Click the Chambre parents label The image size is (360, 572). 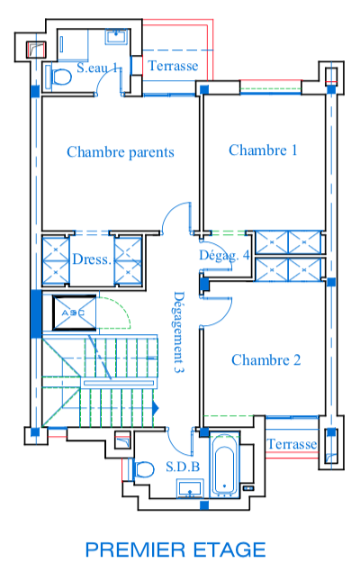click(x=121, y=152)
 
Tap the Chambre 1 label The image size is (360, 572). click(x=263, y=150)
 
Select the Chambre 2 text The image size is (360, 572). click(x=266, y=360)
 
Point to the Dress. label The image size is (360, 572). click(x=92, y=259)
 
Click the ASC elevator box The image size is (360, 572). click(x=75, y=313)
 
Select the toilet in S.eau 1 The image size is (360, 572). click(x=58, y=77)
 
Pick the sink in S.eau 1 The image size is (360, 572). click(x=117, y=37)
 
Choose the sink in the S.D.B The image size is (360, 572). click(x=190, y=489)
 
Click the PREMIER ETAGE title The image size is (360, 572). click(x=175, y=549)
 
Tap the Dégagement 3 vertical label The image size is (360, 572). click(x=178, y=332)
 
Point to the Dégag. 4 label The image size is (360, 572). click(x=224, y=255)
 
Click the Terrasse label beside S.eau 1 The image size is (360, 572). click(x=173, y=66)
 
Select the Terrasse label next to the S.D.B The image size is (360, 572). click(x=292, y=444)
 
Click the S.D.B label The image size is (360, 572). click(x=183, y=467)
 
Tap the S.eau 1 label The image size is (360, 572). click(x=97, y=68)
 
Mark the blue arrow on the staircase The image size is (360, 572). click(x=156, y=408)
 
